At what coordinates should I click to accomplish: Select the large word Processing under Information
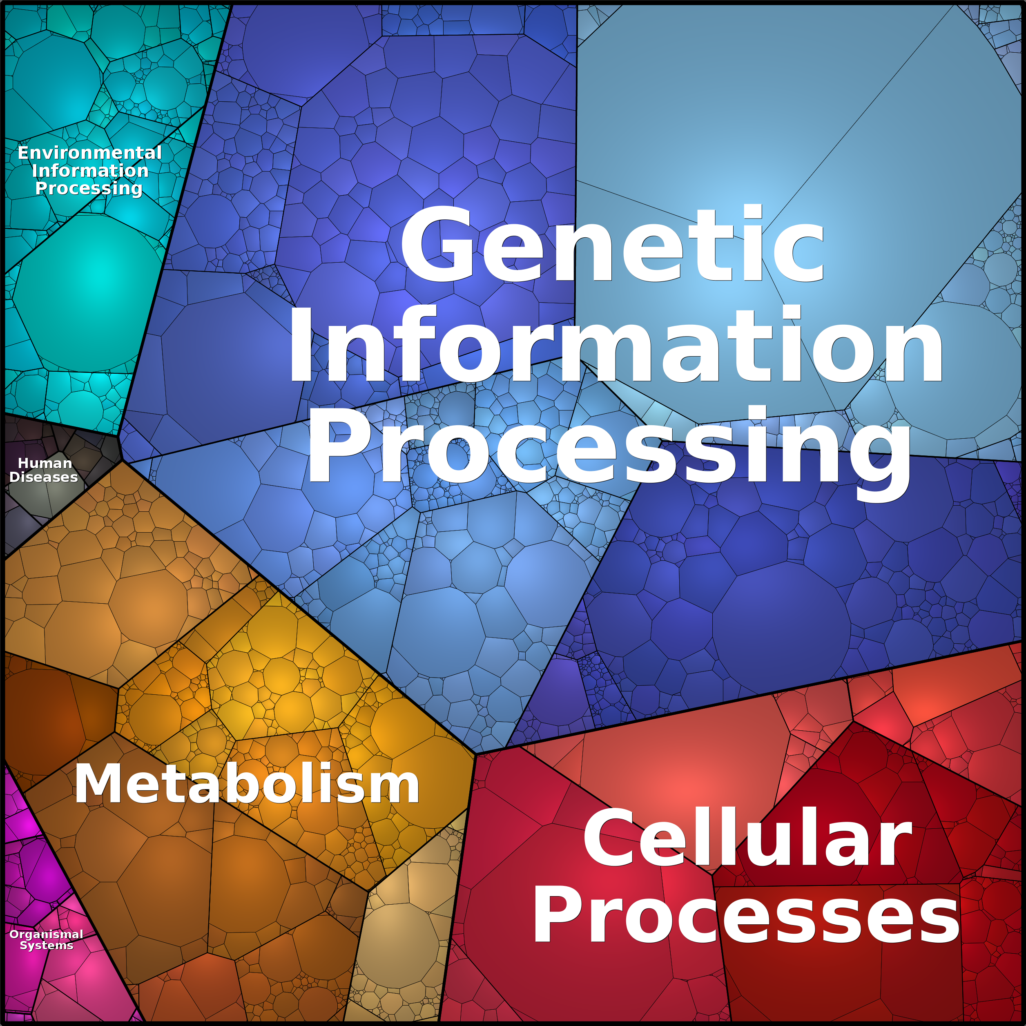(609, 449)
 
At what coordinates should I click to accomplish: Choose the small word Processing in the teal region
(89, 189)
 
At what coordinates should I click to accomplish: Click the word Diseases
(44, 477)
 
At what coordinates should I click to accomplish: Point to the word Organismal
(46, 935)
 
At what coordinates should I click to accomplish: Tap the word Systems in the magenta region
(46, 946)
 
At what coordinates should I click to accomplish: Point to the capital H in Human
(22, 463)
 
